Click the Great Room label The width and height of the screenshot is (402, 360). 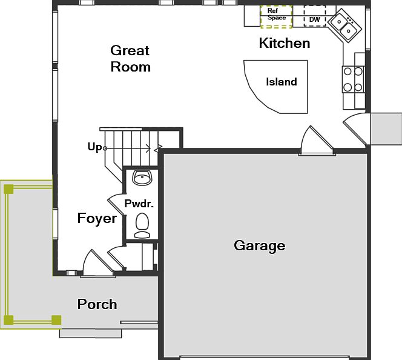[x=130, y=59]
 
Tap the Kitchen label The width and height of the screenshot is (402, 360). [x=284, y=43]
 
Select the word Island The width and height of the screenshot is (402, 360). [x=282, y=82]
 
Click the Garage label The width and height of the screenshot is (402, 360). [x=259, y=245]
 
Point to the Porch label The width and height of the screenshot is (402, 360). [x=97, y=304]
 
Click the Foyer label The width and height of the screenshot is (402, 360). [x=97, y=218]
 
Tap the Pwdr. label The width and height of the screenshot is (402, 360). [x=139, y=204]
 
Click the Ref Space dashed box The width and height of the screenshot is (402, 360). [x=276, y=16]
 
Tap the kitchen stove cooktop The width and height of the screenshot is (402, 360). [x=354, y=79]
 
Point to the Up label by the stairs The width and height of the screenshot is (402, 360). [x=94, y=147]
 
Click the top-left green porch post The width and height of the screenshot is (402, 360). [x=8, y=189]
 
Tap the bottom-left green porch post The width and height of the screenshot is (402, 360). [x=8, y=319]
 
